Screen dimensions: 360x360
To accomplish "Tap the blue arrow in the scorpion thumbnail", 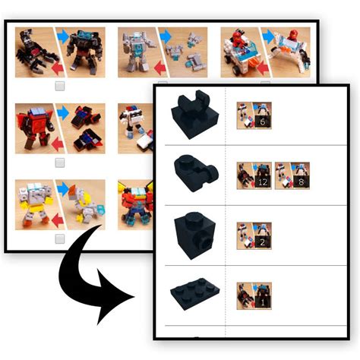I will point(62,34).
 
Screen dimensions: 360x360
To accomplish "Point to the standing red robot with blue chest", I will point(31,125).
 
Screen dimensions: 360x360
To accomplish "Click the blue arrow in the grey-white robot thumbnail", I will point(165,34).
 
